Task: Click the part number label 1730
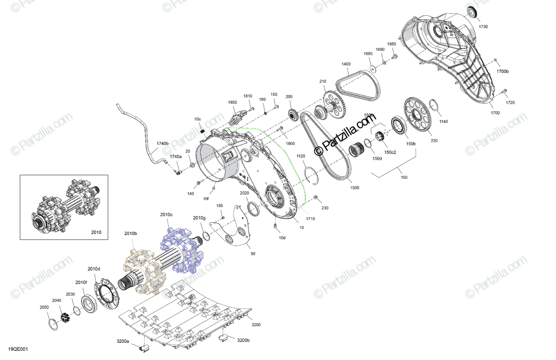(483, 27)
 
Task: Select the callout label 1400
(346, 64)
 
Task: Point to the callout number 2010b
(131, 234)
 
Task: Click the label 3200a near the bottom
(123, 341)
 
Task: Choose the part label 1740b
(162, 144)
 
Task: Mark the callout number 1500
(354, 188)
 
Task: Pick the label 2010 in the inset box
(95, 232)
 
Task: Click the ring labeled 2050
(54, 323)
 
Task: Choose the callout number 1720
(510, 102)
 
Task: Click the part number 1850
(232, 102)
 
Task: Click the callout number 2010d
(94, 269)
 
